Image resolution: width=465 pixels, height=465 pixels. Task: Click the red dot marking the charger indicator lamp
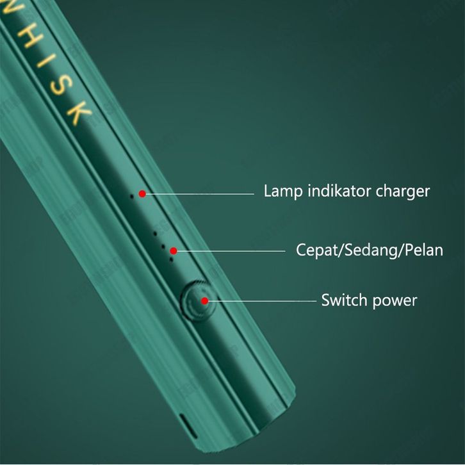(x=142, y=193)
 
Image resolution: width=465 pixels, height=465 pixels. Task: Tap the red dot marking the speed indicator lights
(x=173, y=251)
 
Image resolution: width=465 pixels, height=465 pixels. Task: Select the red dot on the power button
(x=204, y=300)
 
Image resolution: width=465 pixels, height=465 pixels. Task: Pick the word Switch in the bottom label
(x=343, y=300)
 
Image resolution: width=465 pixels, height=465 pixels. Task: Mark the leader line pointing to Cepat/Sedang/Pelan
(x=231, y=251)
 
